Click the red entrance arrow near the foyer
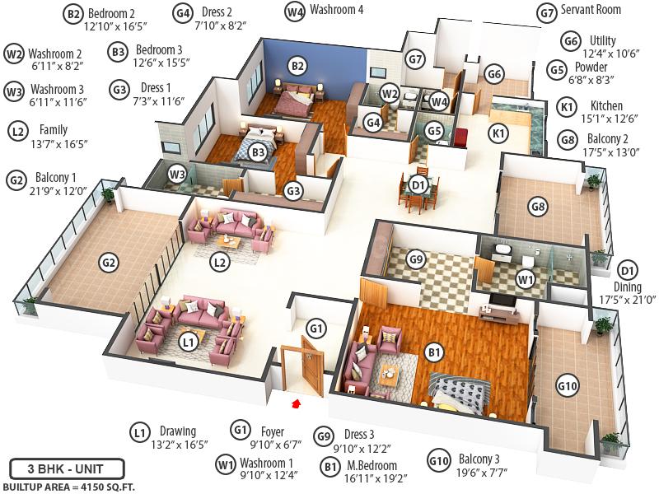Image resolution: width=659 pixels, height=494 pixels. (296, 402)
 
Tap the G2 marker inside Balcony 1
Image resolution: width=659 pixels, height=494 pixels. (108, 263)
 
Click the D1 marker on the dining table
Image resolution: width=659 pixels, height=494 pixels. (419, 185)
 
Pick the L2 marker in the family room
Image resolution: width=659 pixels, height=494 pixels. (219, 263)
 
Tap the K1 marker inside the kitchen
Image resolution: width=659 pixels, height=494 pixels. (498, 132)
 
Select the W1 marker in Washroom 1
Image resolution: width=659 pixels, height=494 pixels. (524, 280)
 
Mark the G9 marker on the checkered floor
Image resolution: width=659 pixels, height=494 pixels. (417, 260)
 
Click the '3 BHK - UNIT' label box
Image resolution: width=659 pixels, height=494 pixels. (67, 470)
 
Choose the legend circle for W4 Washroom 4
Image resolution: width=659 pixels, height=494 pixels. (294, 12)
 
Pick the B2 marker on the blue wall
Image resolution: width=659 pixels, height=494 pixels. (297, 66)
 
